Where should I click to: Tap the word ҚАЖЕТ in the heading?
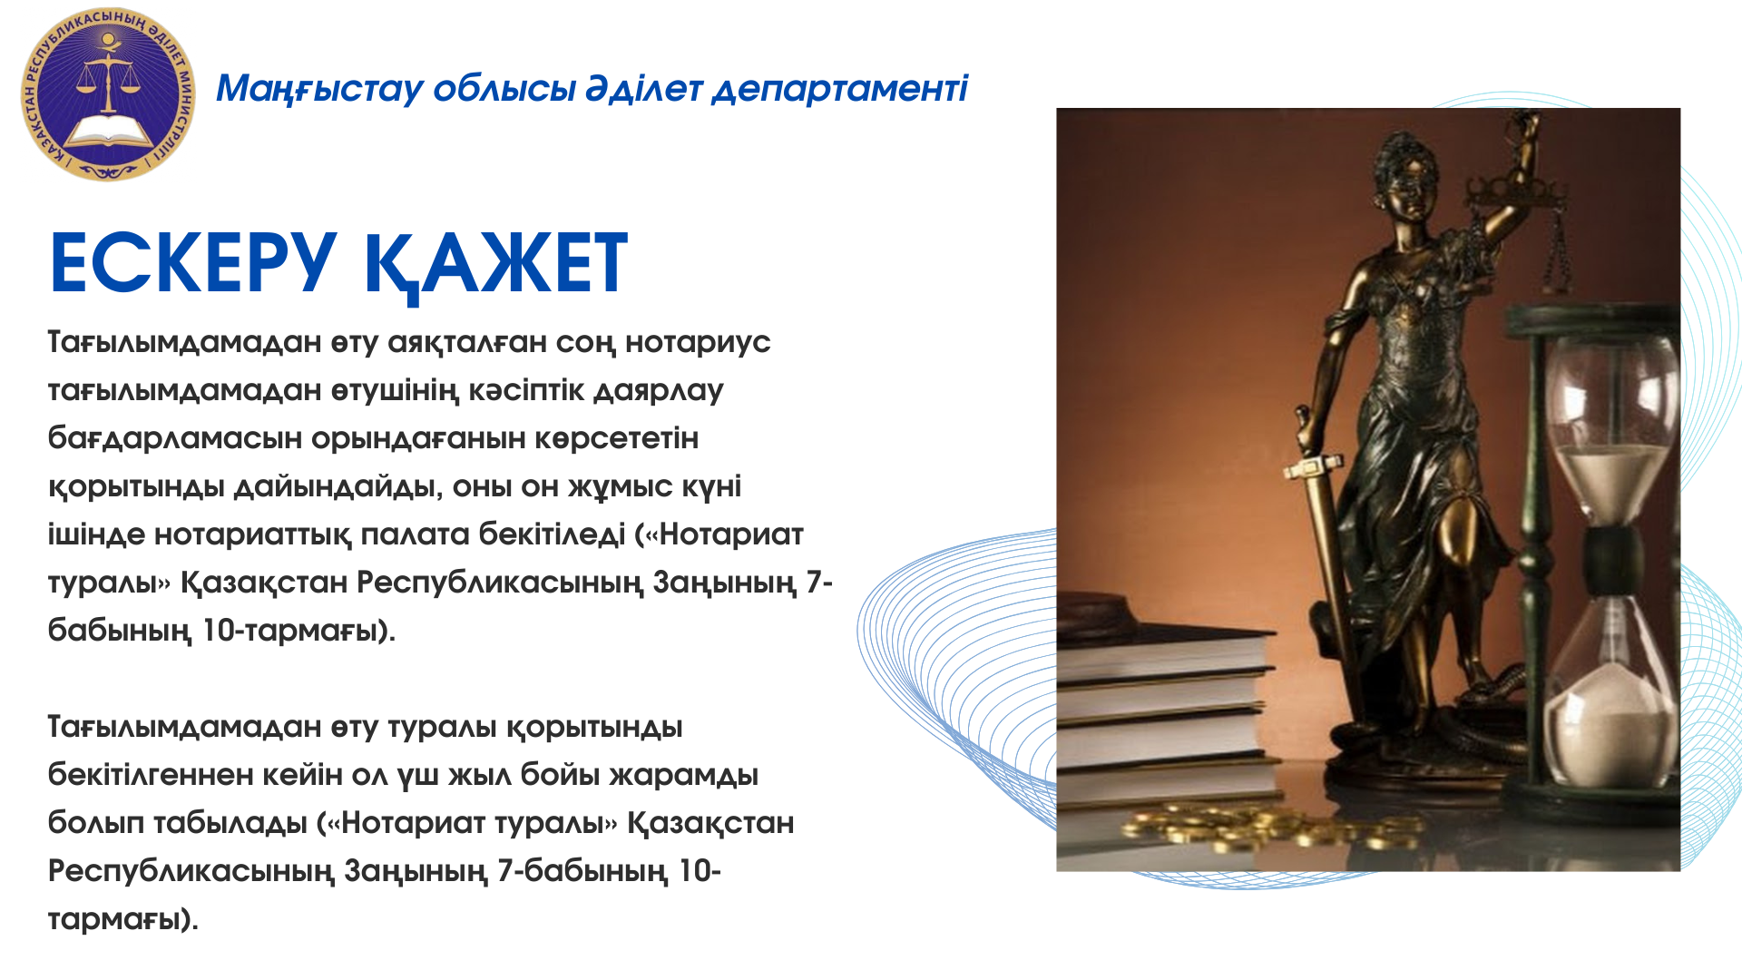pos(495,265)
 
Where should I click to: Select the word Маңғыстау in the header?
pos(319,89)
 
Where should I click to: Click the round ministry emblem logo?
pos(108,94)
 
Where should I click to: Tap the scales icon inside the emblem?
pos(108,77)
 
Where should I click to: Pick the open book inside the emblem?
pos(109,131)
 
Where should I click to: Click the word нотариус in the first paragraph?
pos(698,343)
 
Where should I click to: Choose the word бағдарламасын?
pos(175,439)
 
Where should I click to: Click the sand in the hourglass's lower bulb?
pos(1611,726)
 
